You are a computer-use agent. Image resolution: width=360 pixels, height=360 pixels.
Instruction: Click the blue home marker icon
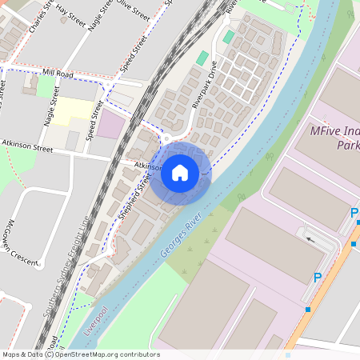click(180, 172)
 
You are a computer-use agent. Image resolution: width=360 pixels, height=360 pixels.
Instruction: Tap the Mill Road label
click(58, 73)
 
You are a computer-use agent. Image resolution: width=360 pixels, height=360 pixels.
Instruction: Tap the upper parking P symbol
click(354, 213)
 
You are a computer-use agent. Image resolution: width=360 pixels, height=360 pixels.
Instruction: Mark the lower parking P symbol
click(318, 278)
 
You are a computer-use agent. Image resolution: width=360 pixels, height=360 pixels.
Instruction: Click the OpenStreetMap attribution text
click(80, 354)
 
